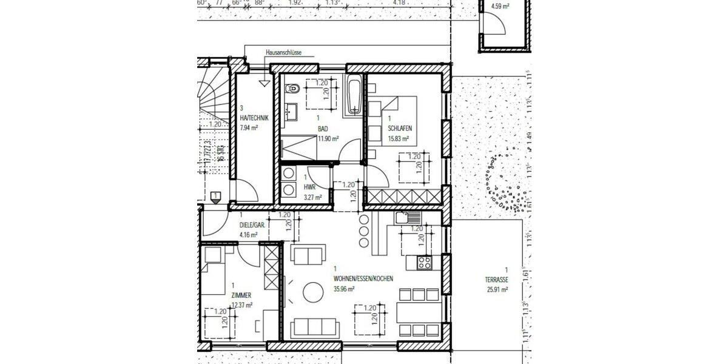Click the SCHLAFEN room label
tap(400, 128)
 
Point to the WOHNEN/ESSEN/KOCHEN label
tap(363, 279)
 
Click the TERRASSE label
tap(497, 280)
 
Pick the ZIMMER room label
tap(241, 295)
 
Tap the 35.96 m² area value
tap(344, 289)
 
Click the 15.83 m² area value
tap(398, 138)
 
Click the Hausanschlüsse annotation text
tap(283, 53)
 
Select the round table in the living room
tap(313, 292)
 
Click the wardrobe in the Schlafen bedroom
tap(403, 197)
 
